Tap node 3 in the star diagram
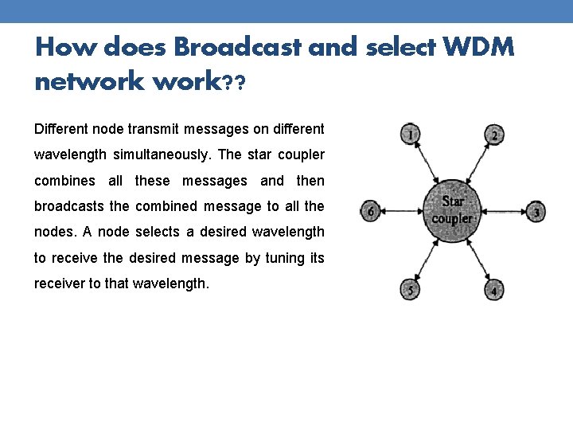(537, 212)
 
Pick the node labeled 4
(493, 290)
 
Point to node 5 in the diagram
(410, 290)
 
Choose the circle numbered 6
(368, 212)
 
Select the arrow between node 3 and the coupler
(505, 212)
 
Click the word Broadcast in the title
(237, 48)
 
